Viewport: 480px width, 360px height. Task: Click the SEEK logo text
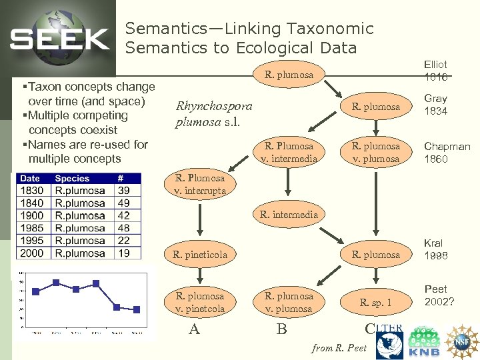pos(59,39)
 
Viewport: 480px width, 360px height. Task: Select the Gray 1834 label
pos(435,105)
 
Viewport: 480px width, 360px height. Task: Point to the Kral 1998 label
pos(435,249)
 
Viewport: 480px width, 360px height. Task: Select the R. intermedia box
pos(289,215)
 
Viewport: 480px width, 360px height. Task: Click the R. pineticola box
pos(200,254)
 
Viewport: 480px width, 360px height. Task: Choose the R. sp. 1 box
pos(376,302)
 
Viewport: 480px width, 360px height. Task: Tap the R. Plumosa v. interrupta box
pos(200,184)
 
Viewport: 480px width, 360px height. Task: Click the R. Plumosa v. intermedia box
pos(289,152)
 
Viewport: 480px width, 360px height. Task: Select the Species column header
pos(72,178)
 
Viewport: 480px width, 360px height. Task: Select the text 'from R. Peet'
pos(339,347)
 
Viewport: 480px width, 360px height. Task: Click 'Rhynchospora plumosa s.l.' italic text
pos(213,114)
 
